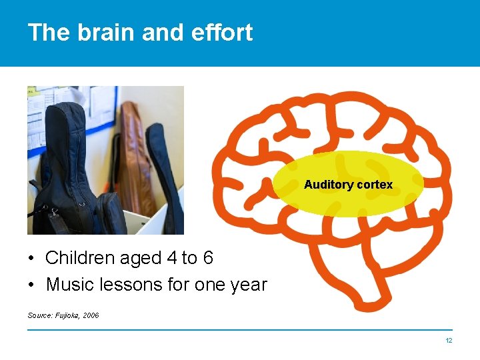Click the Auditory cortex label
coord(348,185)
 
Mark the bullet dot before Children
coord(31,259)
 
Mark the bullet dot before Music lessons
coord(31,285)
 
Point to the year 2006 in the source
coord(90,315)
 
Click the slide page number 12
coord(449,341)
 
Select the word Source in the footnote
coord(39,315)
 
